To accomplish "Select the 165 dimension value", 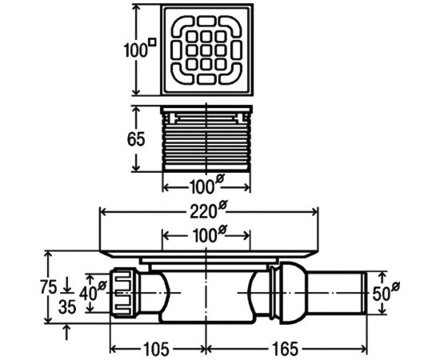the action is click(286, 350).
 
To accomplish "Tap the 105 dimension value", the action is click(156, 350).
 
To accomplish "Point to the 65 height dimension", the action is click(136, 139).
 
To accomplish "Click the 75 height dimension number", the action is click(49, 287).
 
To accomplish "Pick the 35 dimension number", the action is click(67, 306).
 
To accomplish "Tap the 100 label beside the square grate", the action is click(136, 50).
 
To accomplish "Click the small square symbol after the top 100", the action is click(152, 42).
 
